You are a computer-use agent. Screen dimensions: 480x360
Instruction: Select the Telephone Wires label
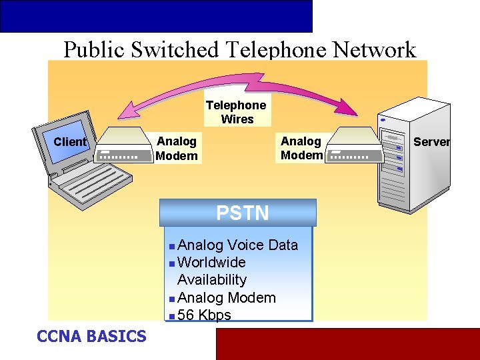pos(236,112)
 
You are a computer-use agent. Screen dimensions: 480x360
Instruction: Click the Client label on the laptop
pos(70,142)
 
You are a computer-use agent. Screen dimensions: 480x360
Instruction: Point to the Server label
pos(431,141)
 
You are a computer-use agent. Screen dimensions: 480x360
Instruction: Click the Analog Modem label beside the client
pos(177,149)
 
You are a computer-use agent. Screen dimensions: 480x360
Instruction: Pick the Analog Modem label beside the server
pos(301,148)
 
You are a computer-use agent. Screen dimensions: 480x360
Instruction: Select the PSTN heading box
pos(238,213)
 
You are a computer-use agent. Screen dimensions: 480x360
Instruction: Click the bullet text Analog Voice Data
pos(238,245)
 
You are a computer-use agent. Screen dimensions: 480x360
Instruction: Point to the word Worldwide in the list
pos(211,263)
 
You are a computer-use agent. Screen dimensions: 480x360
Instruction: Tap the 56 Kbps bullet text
pos(204,315)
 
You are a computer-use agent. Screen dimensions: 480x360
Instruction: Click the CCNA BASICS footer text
pos(91,336)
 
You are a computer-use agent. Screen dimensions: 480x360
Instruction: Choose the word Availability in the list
pos(212,280)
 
